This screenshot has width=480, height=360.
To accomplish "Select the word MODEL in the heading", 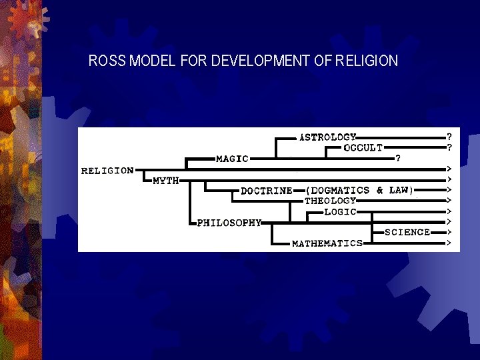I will pyautogui.click(x=152, y=61).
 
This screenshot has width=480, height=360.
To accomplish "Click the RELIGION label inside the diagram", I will pyautogui.click(x=107, y=171).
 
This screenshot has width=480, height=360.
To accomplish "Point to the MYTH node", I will pyautogui.click(x=166, y=181).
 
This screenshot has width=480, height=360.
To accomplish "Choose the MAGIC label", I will pyautogui.click(x=232, y=159).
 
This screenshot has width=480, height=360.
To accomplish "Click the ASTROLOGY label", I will pyautogui.click(x=328, y=137).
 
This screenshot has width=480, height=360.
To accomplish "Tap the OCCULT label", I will pyautogui.click(x=363, y=148).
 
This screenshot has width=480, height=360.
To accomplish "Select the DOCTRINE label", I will pyautogui.click(x=267, y=191).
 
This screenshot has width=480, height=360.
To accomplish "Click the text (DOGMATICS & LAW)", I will pyautogui.click(x=359, y=190).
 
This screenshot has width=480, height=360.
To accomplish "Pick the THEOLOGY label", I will pyautogui.click(x=331, y=201).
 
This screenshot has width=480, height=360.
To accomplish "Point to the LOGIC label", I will pyautogui.click(x=340, y=211).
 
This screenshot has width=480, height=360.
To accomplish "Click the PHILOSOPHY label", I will pyautogui.click(x=229, y=223).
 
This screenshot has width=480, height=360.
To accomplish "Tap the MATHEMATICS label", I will pyautogui.click(x=327, y=243).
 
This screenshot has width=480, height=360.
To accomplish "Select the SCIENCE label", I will pyautogui.click(x=407, y=233).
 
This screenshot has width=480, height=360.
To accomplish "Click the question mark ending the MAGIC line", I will pyautogui.click(x=398, y=159).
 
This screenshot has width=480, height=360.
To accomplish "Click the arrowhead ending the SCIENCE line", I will pyautogui.click(x=450, y=233).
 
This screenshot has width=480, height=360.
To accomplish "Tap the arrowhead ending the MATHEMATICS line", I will pyautogui.click(x=450, y=243).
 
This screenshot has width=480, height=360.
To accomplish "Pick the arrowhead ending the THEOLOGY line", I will pyautogui.click(x=450, y=201).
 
